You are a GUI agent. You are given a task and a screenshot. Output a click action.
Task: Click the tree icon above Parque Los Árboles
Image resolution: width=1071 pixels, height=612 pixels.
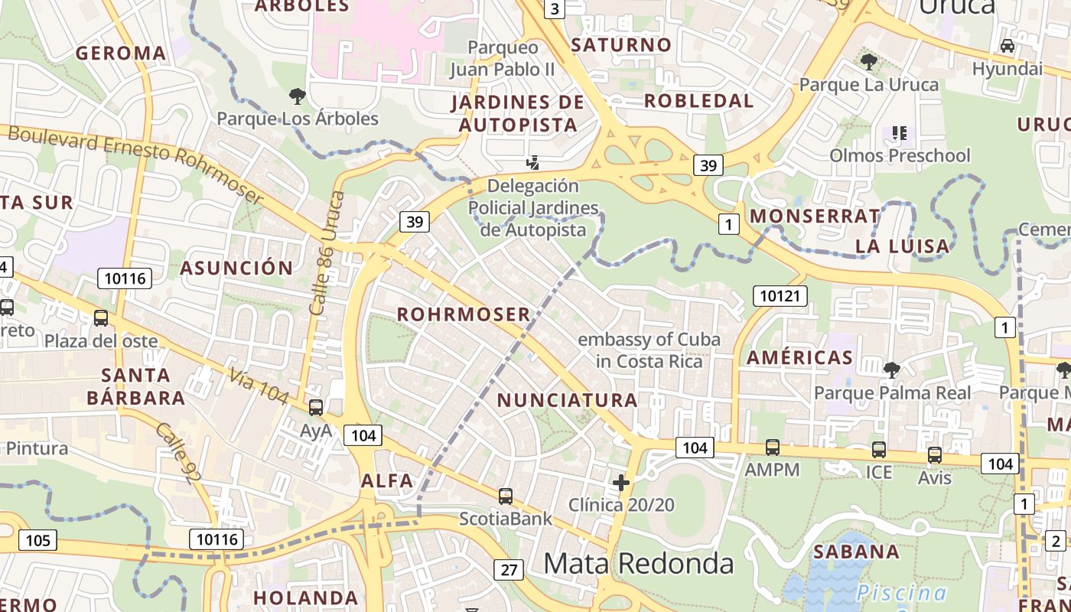[297, 96]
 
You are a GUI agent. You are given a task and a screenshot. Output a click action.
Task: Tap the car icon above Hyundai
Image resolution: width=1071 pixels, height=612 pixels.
[1008, 46]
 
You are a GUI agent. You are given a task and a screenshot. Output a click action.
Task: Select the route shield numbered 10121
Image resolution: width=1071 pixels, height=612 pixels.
[780, 295]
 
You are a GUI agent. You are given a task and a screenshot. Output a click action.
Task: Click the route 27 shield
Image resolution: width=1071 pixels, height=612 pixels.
[509, 569]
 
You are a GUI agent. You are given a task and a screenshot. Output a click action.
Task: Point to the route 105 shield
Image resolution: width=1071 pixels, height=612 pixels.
[37, 540]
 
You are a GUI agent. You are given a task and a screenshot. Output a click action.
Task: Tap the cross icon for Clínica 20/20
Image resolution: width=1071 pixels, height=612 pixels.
[621, 483]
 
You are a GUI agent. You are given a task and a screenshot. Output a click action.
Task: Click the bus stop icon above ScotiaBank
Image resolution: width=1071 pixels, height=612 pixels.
[505, 496]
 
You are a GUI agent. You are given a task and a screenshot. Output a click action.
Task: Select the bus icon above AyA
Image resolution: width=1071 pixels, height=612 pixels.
[315, 408]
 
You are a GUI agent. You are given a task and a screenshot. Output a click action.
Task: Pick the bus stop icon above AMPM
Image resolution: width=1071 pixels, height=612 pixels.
[773, 448]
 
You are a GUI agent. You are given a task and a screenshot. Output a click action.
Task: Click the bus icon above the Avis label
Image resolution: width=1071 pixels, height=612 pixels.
[934, 455]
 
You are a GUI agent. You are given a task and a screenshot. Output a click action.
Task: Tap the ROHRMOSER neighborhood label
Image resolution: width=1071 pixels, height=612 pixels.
[464, 314]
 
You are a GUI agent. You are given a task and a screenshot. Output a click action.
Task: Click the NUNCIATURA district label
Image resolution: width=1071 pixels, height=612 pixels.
[567, 400]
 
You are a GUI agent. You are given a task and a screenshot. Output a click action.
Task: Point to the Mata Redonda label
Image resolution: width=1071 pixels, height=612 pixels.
[638, 564]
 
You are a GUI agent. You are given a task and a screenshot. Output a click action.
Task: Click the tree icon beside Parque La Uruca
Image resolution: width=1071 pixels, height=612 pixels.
[868, 61]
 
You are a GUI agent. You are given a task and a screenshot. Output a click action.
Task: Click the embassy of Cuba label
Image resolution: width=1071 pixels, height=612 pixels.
[649, 350]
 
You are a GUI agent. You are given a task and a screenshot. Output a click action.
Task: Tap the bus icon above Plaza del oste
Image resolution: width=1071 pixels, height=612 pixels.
[100, 318]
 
